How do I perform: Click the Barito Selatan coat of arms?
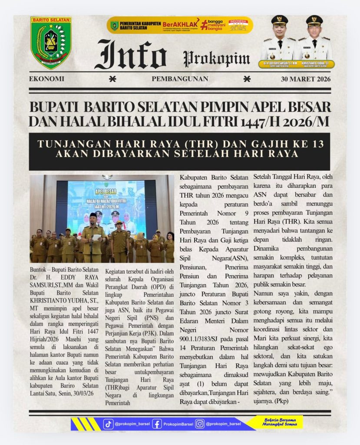pos(50,43)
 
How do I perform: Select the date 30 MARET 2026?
pos(306,79)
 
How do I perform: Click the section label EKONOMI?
pos(46,79)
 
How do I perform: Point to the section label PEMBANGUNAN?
pos(180,79)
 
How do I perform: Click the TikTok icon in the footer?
pos(108,424)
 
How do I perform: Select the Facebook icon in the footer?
pos(157,424)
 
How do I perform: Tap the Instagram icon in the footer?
pos(199,424)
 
